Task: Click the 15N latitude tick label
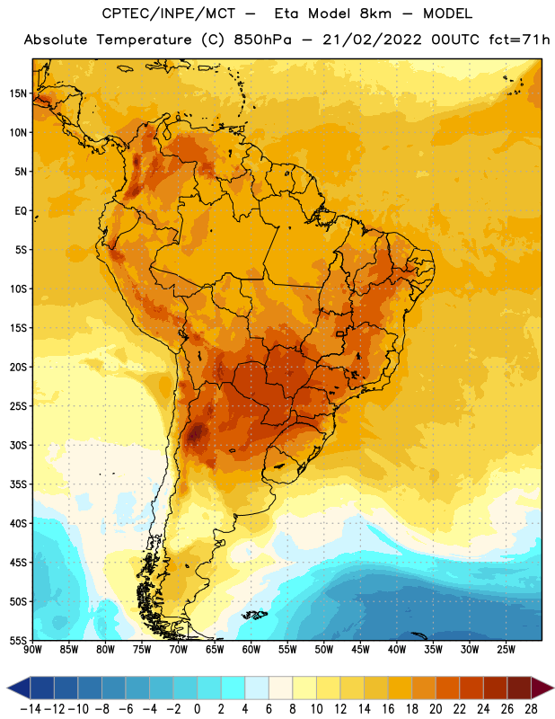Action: pyautogui.click(x=18, y=93)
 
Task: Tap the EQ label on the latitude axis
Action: pyautogui.click(x=21, y=211)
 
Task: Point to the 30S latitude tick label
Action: pyautogui.click(x=18, y=445)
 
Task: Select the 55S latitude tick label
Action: pyautogui.click(x=18, y=640)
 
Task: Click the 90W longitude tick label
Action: pyautogui.click(x=33, y=650)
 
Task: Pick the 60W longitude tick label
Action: pyautogui.click(x=251, y=650)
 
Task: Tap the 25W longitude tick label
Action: pyautogui.click(x=506, y=650)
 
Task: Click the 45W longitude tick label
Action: pyautogui.click(x=360, y=650)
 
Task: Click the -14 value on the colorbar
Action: pyautogui.click(x=31, y=709)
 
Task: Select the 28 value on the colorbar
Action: pyautogui.click(x=531, y=709)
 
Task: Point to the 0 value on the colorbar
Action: pyautogui.click(x=197, y=709)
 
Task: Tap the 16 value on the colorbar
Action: pyautogui.click(x=388, y=709)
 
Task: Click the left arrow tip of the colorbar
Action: pyautogui.click(x=7, y=688)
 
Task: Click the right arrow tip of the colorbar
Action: pyautogui.click(x=553, y=688)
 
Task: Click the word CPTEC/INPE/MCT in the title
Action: pyautogui.click(x=168, y=13)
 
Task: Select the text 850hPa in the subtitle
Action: pyautogui.click(x=262, y=40)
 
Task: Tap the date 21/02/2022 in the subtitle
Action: pyautogui.click(x=372, y=40)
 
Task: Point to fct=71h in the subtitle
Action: pyautogui.click(x=519, y=40)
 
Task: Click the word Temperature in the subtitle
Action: pyautogui.click(x=144, y=40)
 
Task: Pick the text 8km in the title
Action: pyautogui.click(x=375, y=13)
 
